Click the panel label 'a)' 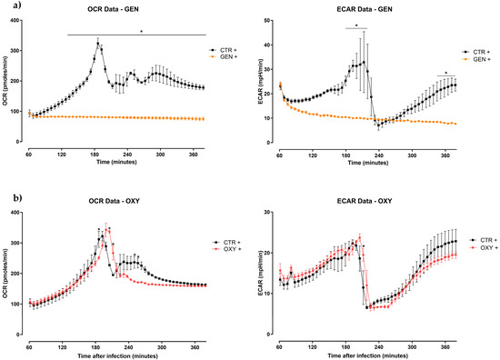[7, 8]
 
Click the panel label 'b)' [7, 195]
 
